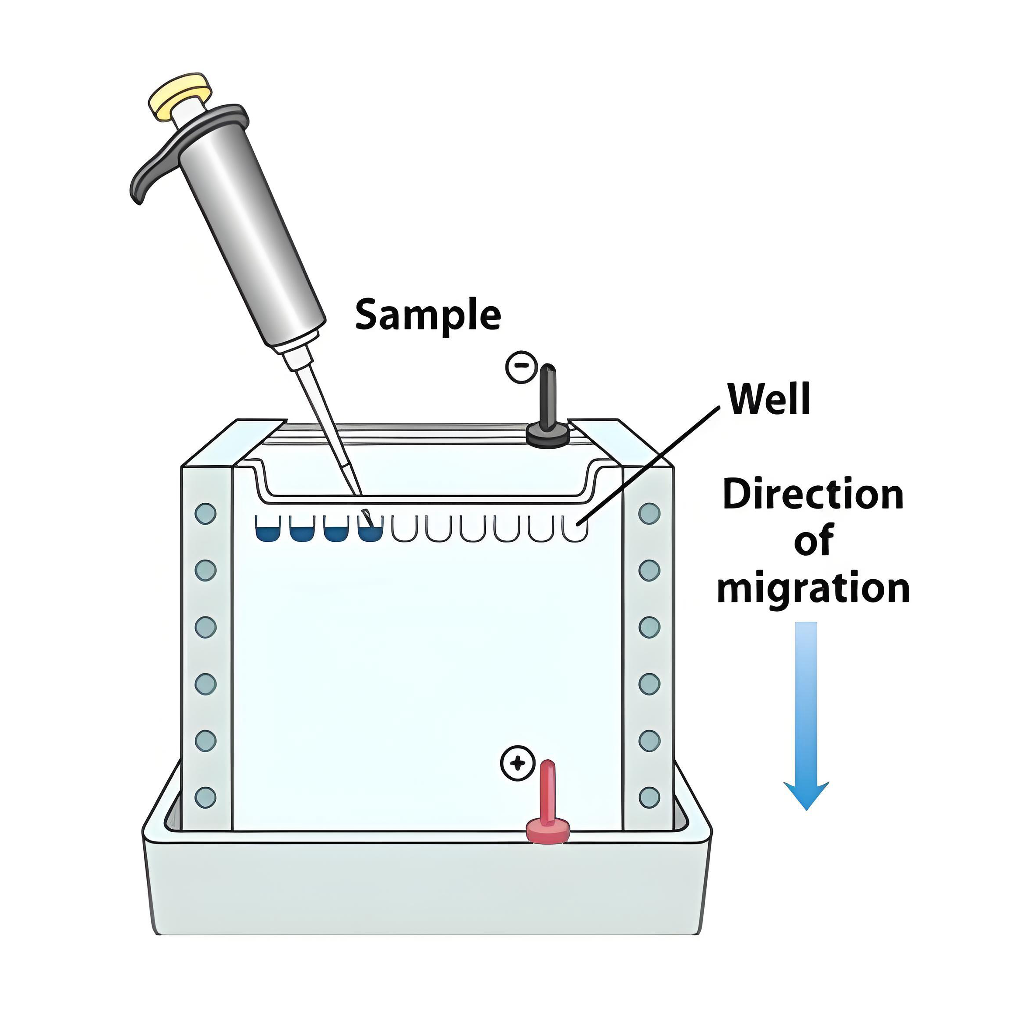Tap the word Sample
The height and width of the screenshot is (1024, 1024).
(428, 315)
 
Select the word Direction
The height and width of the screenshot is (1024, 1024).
(813, 495)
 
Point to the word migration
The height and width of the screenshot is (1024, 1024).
(813, 589)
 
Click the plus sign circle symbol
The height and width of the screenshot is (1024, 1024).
(517, 763)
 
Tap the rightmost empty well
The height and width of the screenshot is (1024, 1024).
(575, 529)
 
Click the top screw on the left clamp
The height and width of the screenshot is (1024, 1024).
(206, 513)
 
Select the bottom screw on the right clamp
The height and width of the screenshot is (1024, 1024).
(649, 797)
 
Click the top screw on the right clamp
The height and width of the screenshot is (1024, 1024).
(649, 513)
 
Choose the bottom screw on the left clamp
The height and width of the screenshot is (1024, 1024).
(206, 797)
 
